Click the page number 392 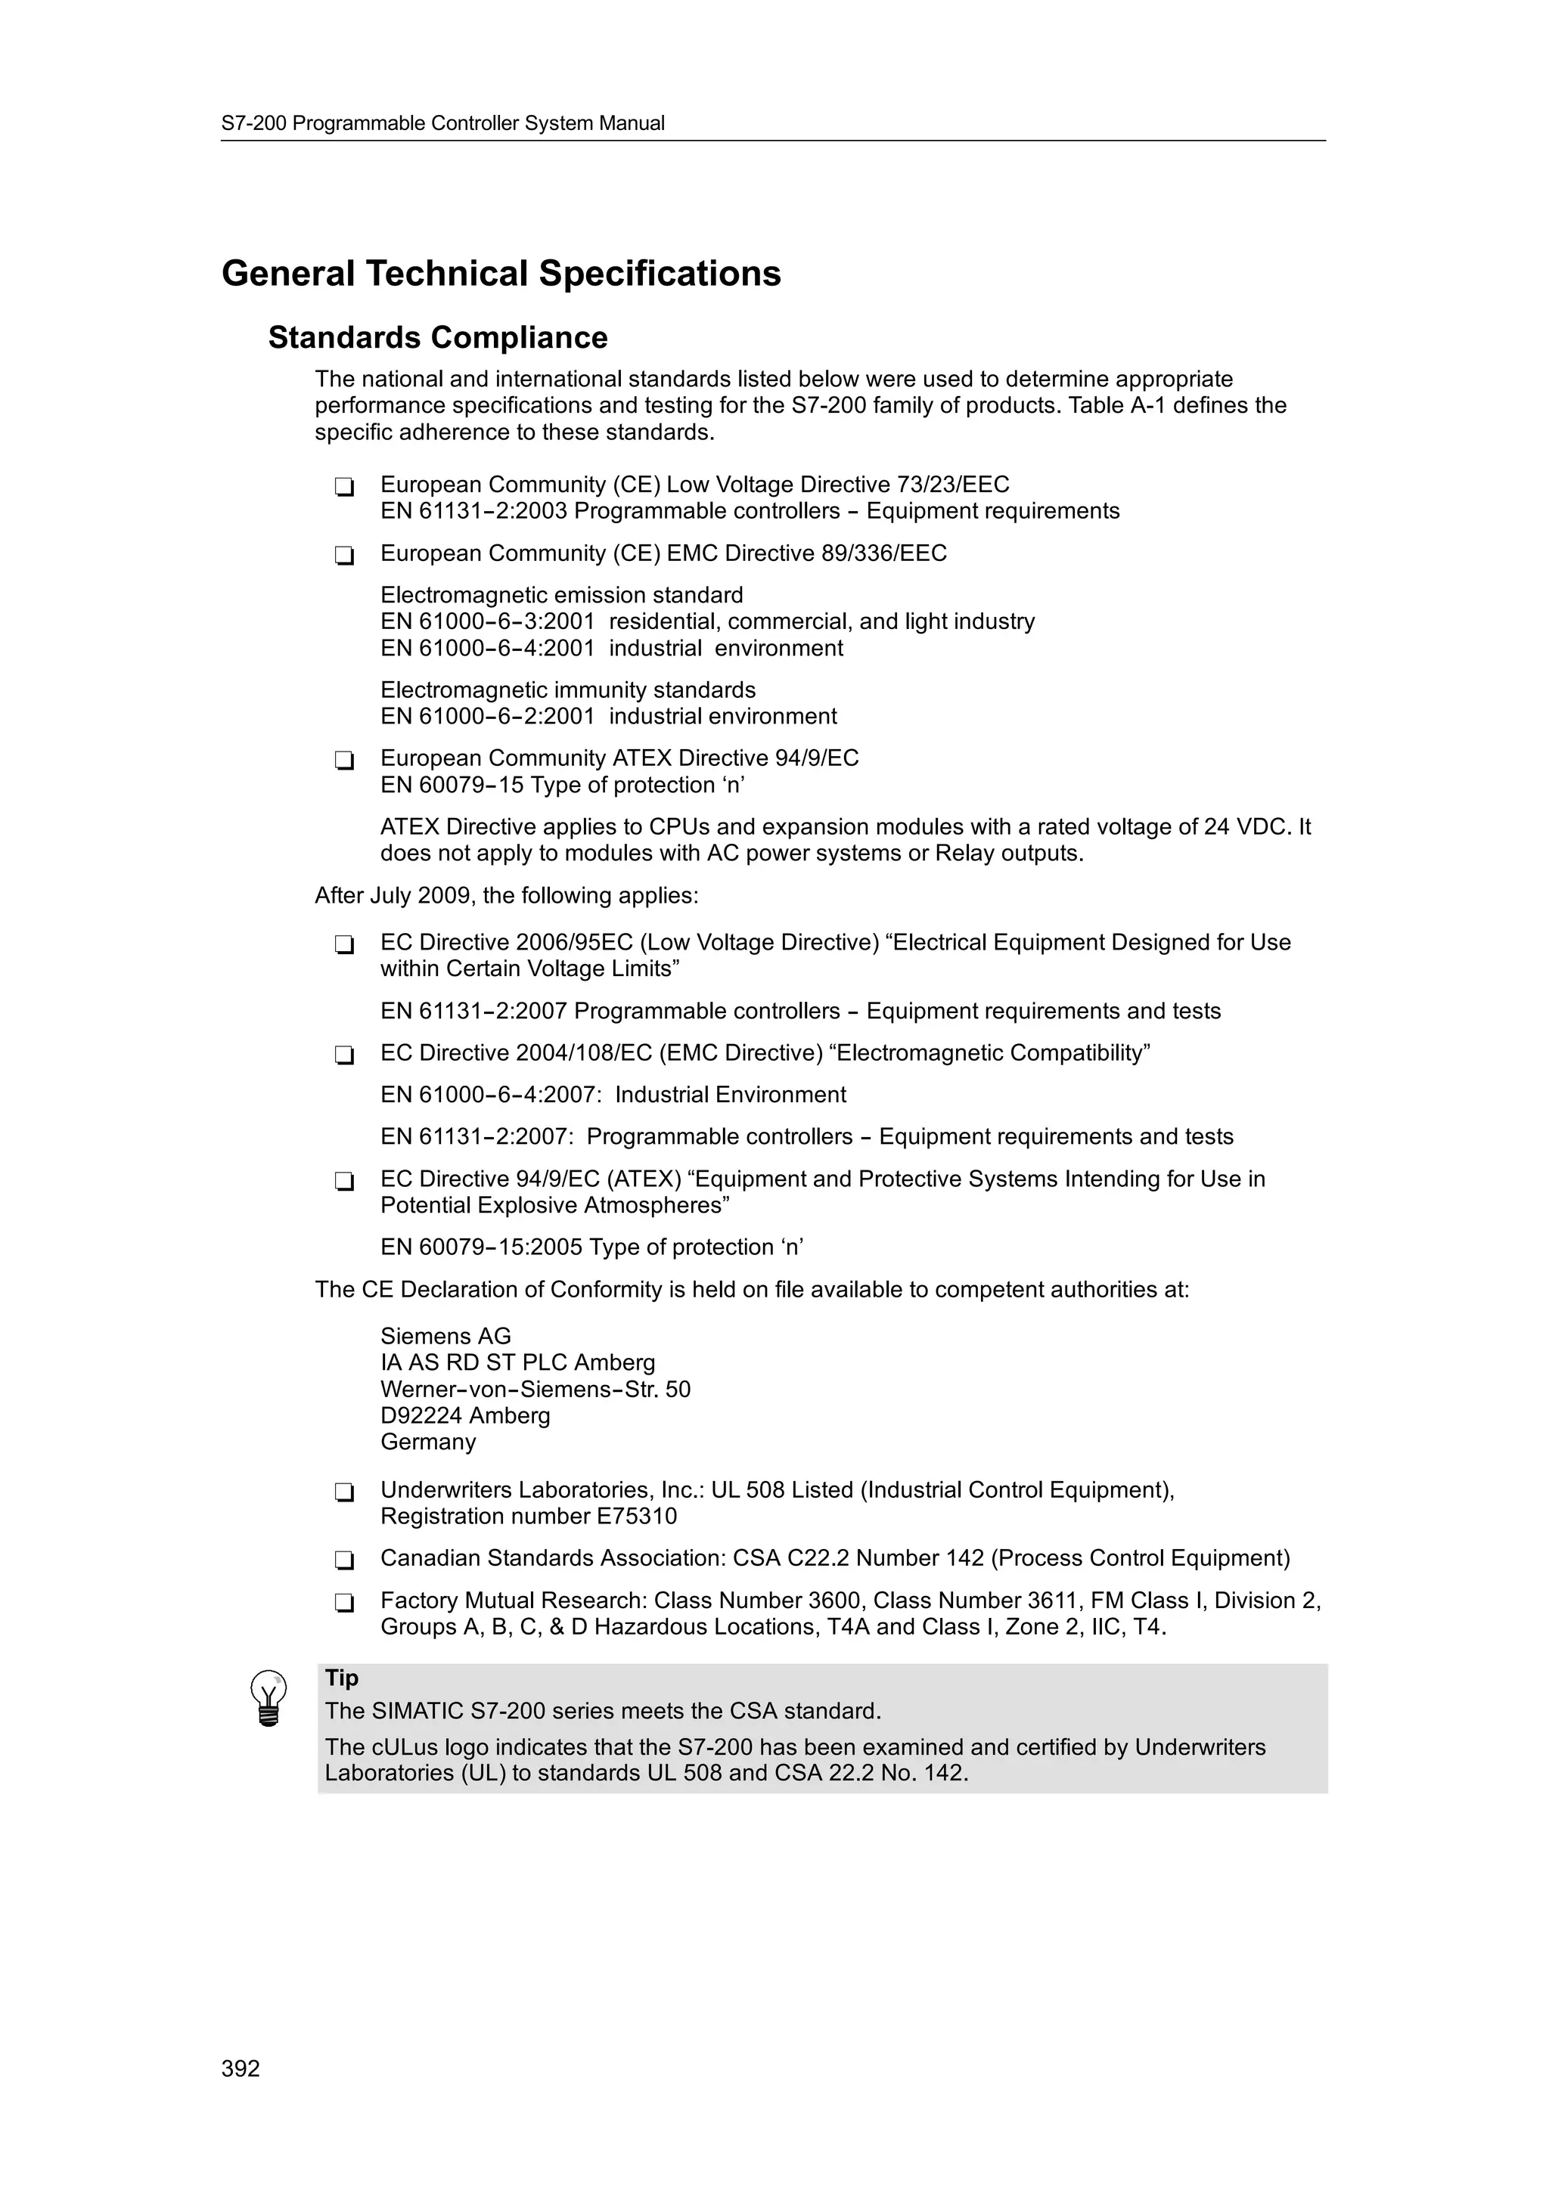point(241,2069)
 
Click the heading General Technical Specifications point(501,274)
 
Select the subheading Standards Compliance point(437,338)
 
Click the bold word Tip point(342,1678)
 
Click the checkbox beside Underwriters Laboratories point(345,1492)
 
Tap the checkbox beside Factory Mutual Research point(345,1602)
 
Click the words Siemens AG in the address point(445,1336)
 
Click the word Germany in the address point(427,1442)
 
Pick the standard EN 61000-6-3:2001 point(488,622)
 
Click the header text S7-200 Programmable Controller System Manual point(443,123)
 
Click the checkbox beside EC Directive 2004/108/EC point(345,1055)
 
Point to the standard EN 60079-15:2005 point(481,1247)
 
